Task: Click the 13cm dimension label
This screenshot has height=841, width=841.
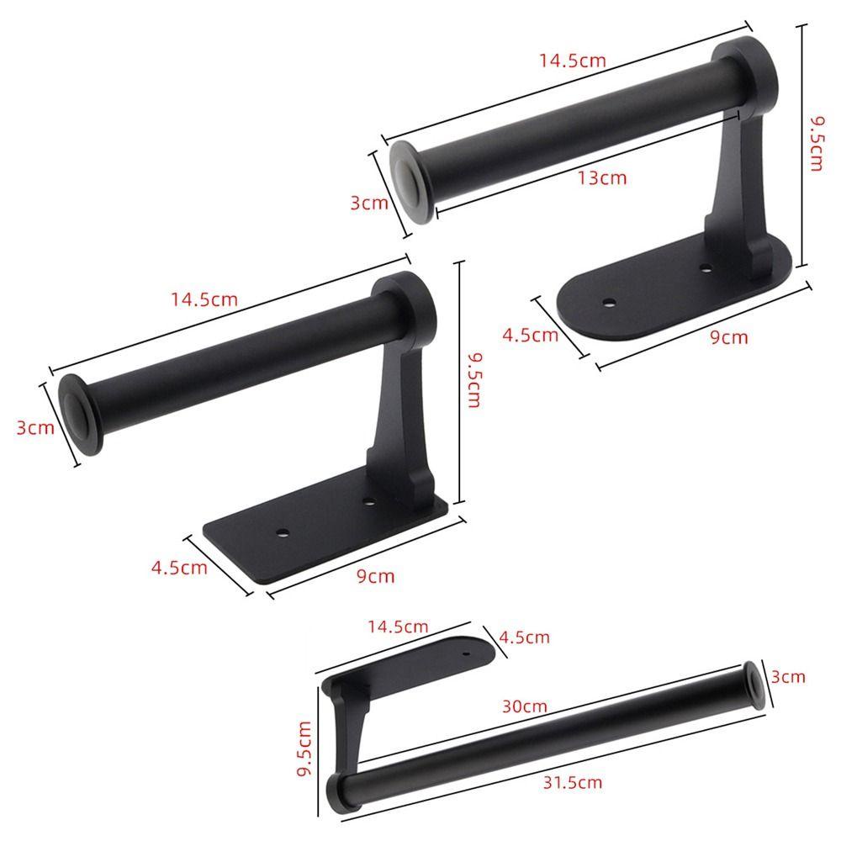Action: [602, 177]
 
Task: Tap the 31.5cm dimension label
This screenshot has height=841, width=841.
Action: [572, 782]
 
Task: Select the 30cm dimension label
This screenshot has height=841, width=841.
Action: [525, 706]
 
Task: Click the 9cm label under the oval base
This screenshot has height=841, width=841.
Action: [728, 337]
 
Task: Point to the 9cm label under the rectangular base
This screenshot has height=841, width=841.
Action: [375, 576]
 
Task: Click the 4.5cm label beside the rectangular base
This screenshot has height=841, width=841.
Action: [179, 568]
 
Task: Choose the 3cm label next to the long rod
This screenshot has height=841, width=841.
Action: [788, 677]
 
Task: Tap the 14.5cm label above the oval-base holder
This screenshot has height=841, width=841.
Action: [572, 60]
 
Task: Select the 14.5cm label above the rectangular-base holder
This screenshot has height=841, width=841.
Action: [204, 299]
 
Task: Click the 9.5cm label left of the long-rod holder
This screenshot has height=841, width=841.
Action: [304, 748]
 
